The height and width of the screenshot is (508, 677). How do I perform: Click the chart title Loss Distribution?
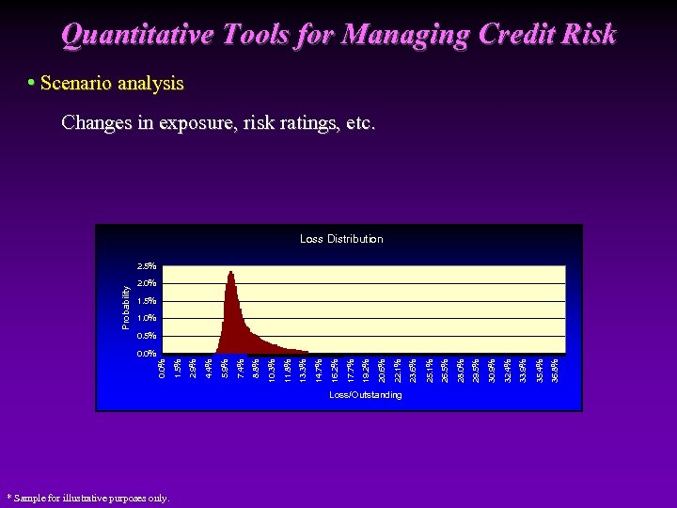(x=341, y=239)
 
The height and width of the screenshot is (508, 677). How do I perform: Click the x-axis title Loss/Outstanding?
(x=365, y=395)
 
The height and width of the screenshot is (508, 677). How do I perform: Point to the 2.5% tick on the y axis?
(x=146, y=266)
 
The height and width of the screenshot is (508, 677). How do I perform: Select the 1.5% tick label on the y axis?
(x=146, y=301)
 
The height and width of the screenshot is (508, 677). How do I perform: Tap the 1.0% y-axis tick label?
(x=146, y=319)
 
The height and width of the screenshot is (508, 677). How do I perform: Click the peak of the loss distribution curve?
(x=230, y=273)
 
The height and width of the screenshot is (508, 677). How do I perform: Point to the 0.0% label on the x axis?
(x=163, y=369)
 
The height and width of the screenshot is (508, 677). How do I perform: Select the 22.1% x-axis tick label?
(x=398, y=369)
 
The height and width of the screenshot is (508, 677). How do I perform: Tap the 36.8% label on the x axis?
(x=556, y=369)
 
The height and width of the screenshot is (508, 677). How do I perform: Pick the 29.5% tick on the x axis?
(x=477, y=369)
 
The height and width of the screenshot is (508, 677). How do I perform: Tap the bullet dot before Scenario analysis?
(x=31, y=83)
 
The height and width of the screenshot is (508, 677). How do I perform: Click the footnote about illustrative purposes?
(x=87, y=498)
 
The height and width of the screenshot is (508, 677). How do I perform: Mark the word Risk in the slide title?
(x=592, y=35)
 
